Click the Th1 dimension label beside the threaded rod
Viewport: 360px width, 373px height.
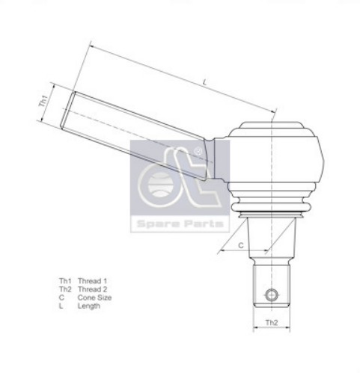(43, 101)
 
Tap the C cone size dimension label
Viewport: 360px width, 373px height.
(240, 244)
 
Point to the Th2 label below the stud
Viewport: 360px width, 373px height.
(271, 324)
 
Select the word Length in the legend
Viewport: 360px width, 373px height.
(89, 306)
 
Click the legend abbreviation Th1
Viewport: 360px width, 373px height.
(64, 280)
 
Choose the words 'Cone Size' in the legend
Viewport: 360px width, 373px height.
(94, 298)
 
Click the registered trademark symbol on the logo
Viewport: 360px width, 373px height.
(198, 152)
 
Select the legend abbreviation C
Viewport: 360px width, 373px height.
(61, 298)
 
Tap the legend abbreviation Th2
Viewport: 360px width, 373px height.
(64, 289)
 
